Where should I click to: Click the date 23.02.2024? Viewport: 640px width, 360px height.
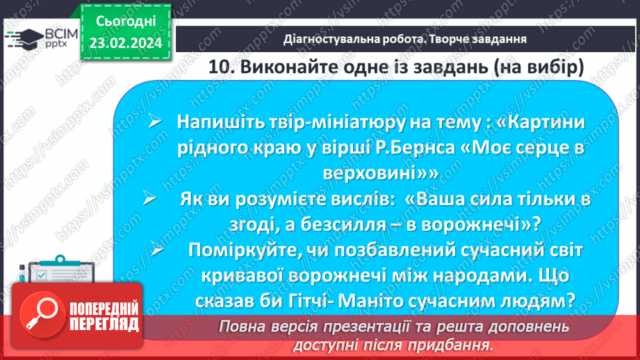pyautogui.click(x=125, y=42)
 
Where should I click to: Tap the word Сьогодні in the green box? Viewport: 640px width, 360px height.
pyautogui.click(x=125, y=21)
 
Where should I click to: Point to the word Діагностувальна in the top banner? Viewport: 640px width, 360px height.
pyautogui.click(x=327, y=39)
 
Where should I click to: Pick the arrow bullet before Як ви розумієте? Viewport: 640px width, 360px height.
pyautogui.click(x=148, y=199)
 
